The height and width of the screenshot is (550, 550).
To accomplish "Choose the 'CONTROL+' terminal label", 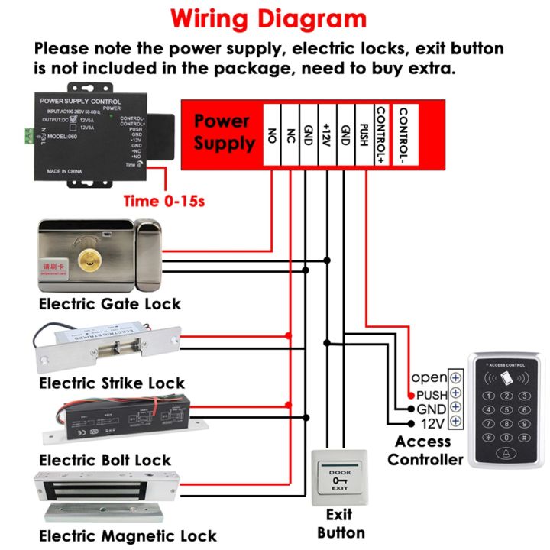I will [x=381, y=135].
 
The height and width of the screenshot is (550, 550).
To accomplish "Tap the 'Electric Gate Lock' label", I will [x=110, y=304].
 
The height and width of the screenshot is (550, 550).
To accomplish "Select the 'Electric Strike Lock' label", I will [x=112, y=383].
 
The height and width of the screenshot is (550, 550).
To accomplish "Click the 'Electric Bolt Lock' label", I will [x=105, y=460].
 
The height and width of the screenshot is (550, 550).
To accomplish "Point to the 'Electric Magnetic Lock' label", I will [x=128, y=535].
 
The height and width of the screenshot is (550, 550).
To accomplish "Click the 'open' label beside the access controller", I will [x=429, y=378].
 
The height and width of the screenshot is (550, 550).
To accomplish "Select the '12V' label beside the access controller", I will [x=432, y=422].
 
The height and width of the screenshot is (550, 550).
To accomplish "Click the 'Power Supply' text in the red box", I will [x=223, y=132].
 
